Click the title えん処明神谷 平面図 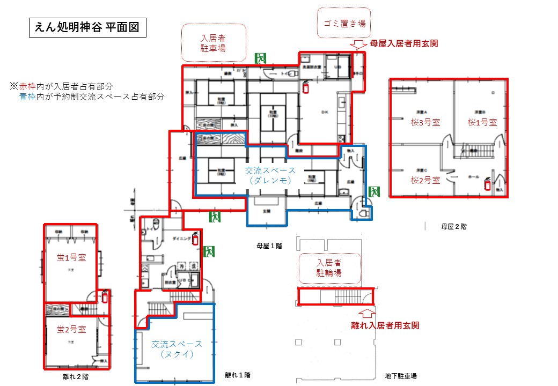87,28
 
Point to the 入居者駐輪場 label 329,268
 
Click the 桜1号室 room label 482,122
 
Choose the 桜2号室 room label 425,180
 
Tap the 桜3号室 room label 425,122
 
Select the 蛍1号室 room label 72,257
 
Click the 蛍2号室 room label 72,329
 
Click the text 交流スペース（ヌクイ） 177,349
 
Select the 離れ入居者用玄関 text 385,325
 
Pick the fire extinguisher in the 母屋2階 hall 487,184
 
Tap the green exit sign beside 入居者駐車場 261,58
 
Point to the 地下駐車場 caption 401,376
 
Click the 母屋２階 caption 453,227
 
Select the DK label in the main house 324,112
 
